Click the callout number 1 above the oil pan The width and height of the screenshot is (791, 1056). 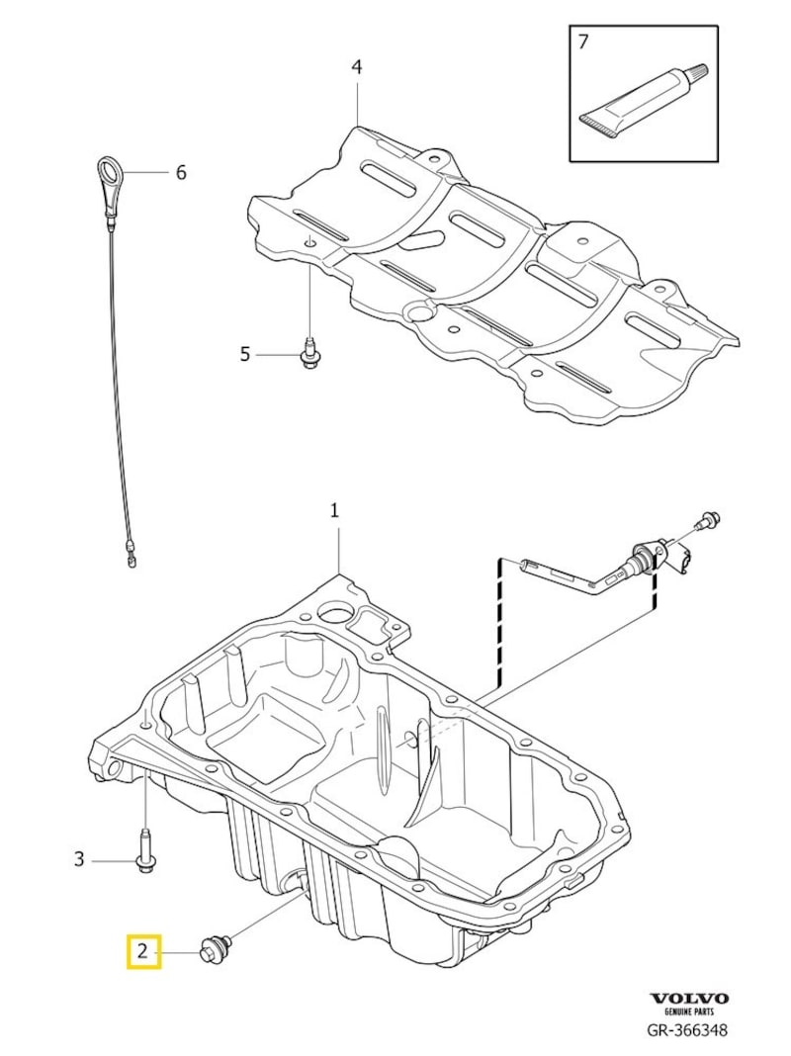[x=334, y=510]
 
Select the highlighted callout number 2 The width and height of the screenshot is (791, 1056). [x=142, y=952]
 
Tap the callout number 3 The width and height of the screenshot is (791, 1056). [x=80, y=859]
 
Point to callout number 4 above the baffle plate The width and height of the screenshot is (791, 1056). [x=356, y=67]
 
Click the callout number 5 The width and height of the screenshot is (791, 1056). [x=245, y=354]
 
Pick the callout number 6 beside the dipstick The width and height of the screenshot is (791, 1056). [x=181, y=172]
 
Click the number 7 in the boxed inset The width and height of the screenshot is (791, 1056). [x=583, y=42]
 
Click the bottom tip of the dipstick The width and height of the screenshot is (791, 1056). [x=131, y=563]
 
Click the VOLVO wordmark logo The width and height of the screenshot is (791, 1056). [x=689, y=999]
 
